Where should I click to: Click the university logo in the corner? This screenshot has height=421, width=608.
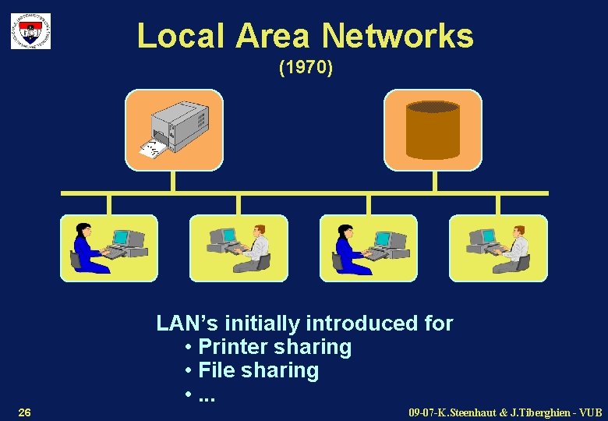(30, 31)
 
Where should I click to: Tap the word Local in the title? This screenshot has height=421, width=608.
(182, 36)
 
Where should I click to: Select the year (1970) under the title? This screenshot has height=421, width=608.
(306, 69)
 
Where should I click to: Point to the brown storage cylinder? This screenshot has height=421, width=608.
(433, 129)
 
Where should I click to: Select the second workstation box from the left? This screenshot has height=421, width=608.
(239, 248)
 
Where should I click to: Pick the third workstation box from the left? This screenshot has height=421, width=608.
(368, 248)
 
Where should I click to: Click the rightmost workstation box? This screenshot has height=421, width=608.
(498, 248)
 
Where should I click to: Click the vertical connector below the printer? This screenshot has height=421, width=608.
(173, 181)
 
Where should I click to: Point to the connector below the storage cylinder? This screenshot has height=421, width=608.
(433, 181)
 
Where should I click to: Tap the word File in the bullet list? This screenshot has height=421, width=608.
(216, 370)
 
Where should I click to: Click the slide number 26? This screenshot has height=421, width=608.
(24, 411)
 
